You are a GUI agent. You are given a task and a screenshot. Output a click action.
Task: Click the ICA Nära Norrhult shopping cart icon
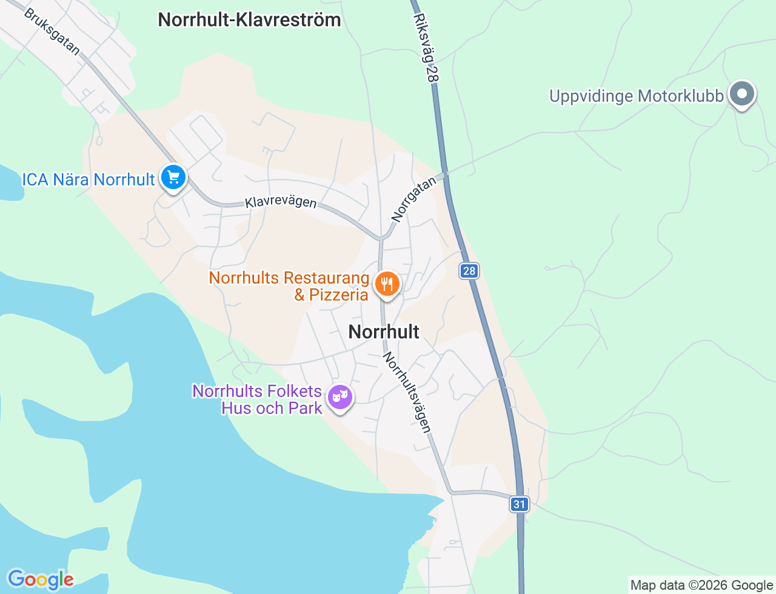click(x=174, y=178)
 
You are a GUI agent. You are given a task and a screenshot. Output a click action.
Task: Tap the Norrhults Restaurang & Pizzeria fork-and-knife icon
click(x=387, y=283)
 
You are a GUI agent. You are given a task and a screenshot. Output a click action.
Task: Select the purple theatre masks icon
click(x=340, y=397)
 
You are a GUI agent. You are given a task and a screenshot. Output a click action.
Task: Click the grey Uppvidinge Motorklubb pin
click(x=741, y=94)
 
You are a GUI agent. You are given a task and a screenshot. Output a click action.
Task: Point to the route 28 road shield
click(x=469, y=271)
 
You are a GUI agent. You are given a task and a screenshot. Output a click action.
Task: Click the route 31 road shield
click(x=519, y=504)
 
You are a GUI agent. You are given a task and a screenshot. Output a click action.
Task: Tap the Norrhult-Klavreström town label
click(x=249, y=19)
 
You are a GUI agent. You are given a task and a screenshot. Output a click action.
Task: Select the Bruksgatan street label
click(x=52, y=32)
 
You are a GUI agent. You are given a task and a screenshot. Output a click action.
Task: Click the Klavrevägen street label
click(x=281, y=201)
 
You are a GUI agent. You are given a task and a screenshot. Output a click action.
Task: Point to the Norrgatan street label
click(x=413, y=199)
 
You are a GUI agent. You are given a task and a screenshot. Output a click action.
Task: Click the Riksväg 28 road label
click(x=426, y=48)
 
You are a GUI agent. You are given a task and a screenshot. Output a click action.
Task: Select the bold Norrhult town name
click(x=384, y=332)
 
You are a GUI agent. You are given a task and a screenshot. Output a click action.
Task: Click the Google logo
click(x=41, y=579)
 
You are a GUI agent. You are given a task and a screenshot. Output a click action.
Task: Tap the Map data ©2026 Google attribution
click(x=701, y=585)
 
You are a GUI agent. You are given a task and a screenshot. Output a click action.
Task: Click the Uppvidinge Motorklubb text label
click(x=636, y=96)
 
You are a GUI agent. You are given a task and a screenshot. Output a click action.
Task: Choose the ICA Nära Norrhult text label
click(x=89, y=179)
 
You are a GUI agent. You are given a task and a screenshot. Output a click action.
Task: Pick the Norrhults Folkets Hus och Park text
click(x=257, y=399)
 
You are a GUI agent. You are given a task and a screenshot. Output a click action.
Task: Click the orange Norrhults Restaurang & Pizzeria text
click(x=289, y=286)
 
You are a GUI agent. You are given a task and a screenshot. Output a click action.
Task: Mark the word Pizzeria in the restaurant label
click(x=338, y=295)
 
